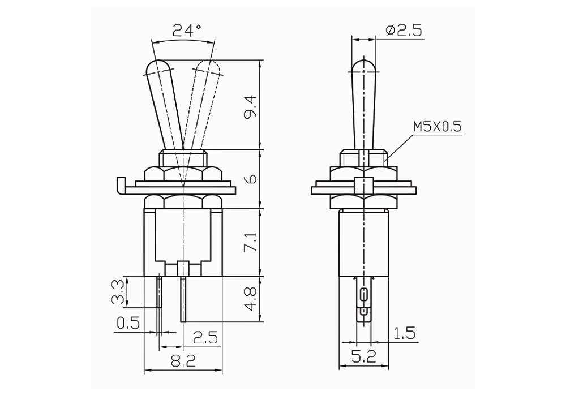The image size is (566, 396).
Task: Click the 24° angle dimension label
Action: coord(187,31)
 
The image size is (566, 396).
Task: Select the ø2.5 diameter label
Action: coord(404,31)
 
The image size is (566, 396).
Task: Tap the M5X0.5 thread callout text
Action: coord(437,127)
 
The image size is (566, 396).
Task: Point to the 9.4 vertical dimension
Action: coord(251,106)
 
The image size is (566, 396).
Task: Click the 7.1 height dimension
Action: coord(251,242)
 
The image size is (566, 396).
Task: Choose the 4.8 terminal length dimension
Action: coord(251,299)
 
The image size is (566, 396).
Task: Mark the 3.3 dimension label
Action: coord(117,292)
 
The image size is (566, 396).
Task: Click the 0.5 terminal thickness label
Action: coord(128,323)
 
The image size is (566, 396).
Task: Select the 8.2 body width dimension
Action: coord(183,360)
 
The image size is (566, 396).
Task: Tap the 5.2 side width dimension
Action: coord(364,357)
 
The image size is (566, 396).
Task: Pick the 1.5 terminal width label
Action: coord(404,333)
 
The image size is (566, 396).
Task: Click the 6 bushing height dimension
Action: coord(251,179)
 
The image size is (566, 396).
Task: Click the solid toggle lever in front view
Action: coord(165,105)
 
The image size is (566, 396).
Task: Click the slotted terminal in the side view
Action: coord(364,299)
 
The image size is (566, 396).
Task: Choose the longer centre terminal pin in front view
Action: coord(183,299)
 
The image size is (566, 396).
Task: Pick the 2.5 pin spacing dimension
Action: coord(205,338)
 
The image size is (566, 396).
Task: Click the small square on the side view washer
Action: coord(364,184)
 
